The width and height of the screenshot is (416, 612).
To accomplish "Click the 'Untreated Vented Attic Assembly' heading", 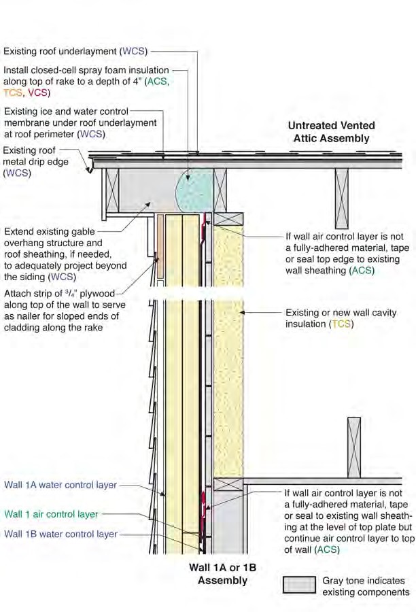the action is (331, 132).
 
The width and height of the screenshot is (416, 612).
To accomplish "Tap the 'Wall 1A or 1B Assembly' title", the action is (222, 574).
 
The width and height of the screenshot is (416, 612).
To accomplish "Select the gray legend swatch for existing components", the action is (299, 585).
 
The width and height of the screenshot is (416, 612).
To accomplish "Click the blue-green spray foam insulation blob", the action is (194, 190).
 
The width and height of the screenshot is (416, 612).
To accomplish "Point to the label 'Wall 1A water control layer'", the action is (60, 485).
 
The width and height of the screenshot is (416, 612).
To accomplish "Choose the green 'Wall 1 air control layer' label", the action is (51, 514).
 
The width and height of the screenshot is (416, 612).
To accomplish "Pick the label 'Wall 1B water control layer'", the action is (61, 534).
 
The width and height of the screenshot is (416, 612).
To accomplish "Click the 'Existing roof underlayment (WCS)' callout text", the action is (75, 51).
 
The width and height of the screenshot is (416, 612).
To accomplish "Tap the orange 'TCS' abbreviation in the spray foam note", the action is (12, 93).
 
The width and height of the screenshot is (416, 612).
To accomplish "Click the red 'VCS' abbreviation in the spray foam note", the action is (39, 93).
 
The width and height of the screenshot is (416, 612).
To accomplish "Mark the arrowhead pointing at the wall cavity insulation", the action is (243, 312).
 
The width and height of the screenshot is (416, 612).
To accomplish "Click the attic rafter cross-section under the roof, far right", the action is (341, 199).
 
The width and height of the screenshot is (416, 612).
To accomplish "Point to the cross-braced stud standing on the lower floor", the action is (354, 447).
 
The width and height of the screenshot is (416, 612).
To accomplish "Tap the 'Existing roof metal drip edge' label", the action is (35, 162).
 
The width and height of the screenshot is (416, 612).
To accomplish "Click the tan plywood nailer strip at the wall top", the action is (160, 246).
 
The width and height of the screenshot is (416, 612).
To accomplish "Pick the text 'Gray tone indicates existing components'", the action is (366, 586).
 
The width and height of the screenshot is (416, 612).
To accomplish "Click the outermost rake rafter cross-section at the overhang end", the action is (112, 190).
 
